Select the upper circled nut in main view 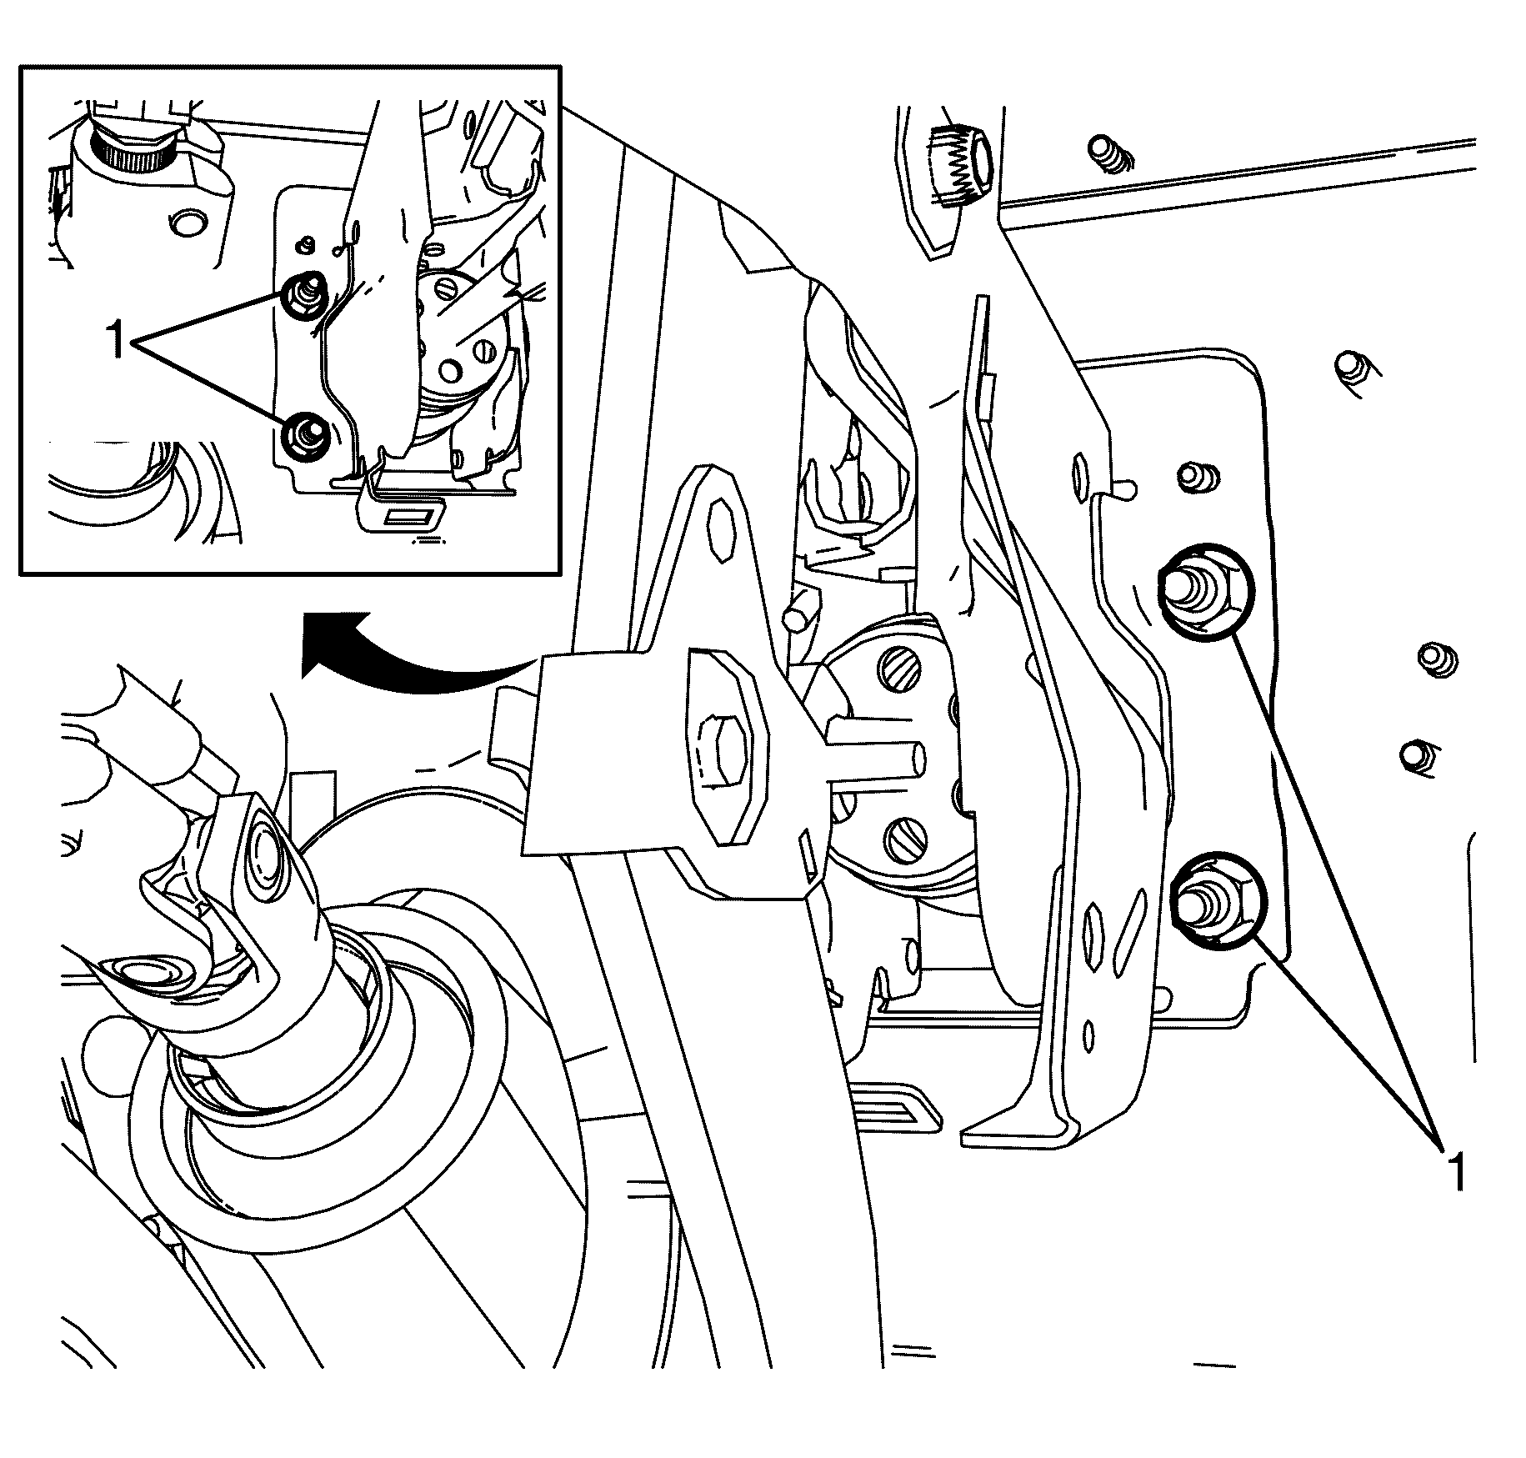point(1198,592)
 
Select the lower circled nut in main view point(1213,902)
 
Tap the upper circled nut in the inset point(305,293)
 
